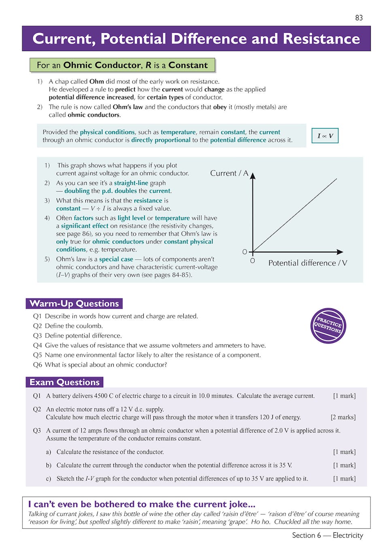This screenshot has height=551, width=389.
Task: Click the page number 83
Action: pos(359,18)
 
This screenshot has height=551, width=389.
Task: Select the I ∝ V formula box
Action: pos(325,136)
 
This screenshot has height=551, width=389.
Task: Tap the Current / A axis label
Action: pos(229,173)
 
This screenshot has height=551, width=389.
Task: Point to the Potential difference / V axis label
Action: pos(308,263)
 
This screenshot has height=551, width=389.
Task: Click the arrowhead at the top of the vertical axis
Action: pos(253,176)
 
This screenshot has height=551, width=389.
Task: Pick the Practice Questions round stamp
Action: pos(328,326)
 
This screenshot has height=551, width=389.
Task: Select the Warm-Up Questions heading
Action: pos(74,303)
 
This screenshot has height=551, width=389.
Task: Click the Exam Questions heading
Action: pos(64,382)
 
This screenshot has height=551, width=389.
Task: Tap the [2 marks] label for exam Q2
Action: pos(343,417)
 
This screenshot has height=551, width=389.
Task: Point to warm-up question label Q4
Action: pos(37,346)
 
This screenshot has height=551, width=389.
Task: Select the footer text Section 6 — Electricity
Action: pos(327,535)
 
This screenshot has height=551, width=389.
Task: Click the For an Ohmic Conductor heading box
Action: pos(122,65)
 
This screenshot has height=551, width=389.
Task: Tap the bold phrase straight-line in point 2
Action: pos(131,183)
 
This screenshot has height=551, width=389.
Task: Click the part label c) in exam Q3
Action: pos(48,479)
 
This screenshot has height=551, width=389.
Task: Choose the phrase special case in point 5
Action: pos(116,259)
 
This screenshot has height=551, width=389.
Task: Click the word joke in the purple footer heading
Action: pos(239,504)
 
